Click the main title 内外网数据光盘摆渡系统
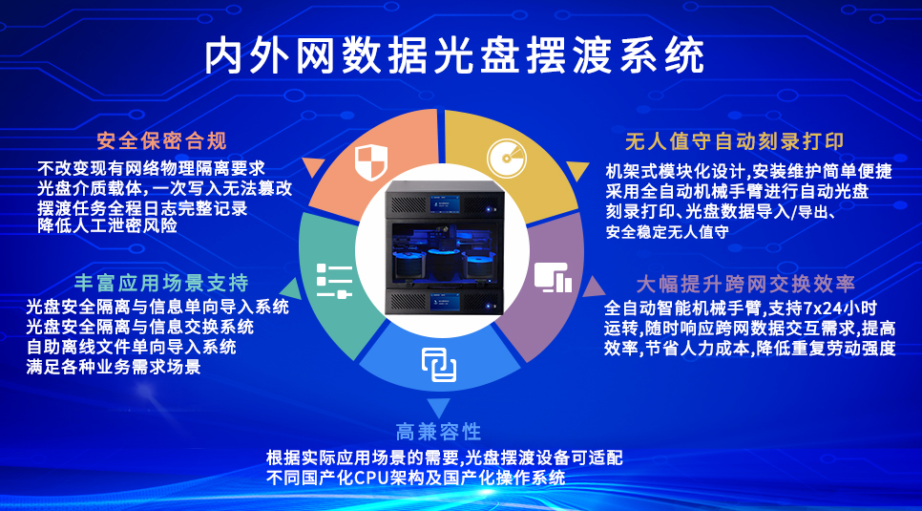tap(455, 56)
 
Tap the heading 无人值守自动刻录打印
tap(734, 141)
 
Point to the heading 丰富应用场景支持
tap(161, 283)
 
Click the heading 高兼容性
tap(438, 431)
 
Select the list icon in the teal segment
tap(334, 284)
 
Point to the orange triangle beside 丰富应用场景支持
tap(285, 284)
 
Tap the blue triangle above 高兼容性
tap(438, 406)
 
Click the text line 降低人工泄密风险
tap(107, 226)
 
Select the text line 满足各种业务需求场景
tap(114, 366)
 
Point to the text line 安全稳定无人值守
tap(668, 231)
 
